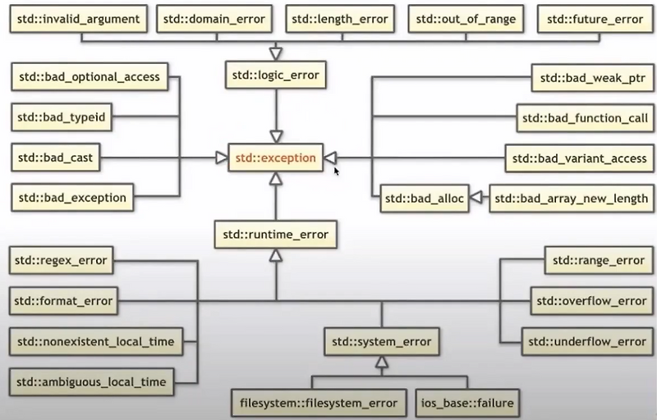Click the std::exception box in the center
click(x=275, y=157)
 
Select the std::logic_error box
click(x=276, y=76)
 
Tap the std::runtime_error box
click(x=275, y=235)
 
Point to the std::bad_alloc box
click(x=424, y=198)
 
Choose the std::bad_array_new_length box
click(x=572, y=198)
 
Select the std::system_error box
click(x=380, y=340)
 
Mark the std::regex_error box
click(x=62, y=261)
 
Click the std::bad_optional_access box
click(x=90, y=77)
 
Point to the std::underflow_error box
click(x=588, y=341)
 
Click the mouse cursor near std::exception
click(x=336, y=171)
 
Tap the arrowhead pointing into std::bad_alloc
click(x=476, y=198)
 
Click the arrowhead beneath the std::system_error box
click(x=380, y=361)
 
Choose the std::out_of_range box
click(x=466, y=17)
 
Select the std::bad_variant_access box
click(x=580, y=157)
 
